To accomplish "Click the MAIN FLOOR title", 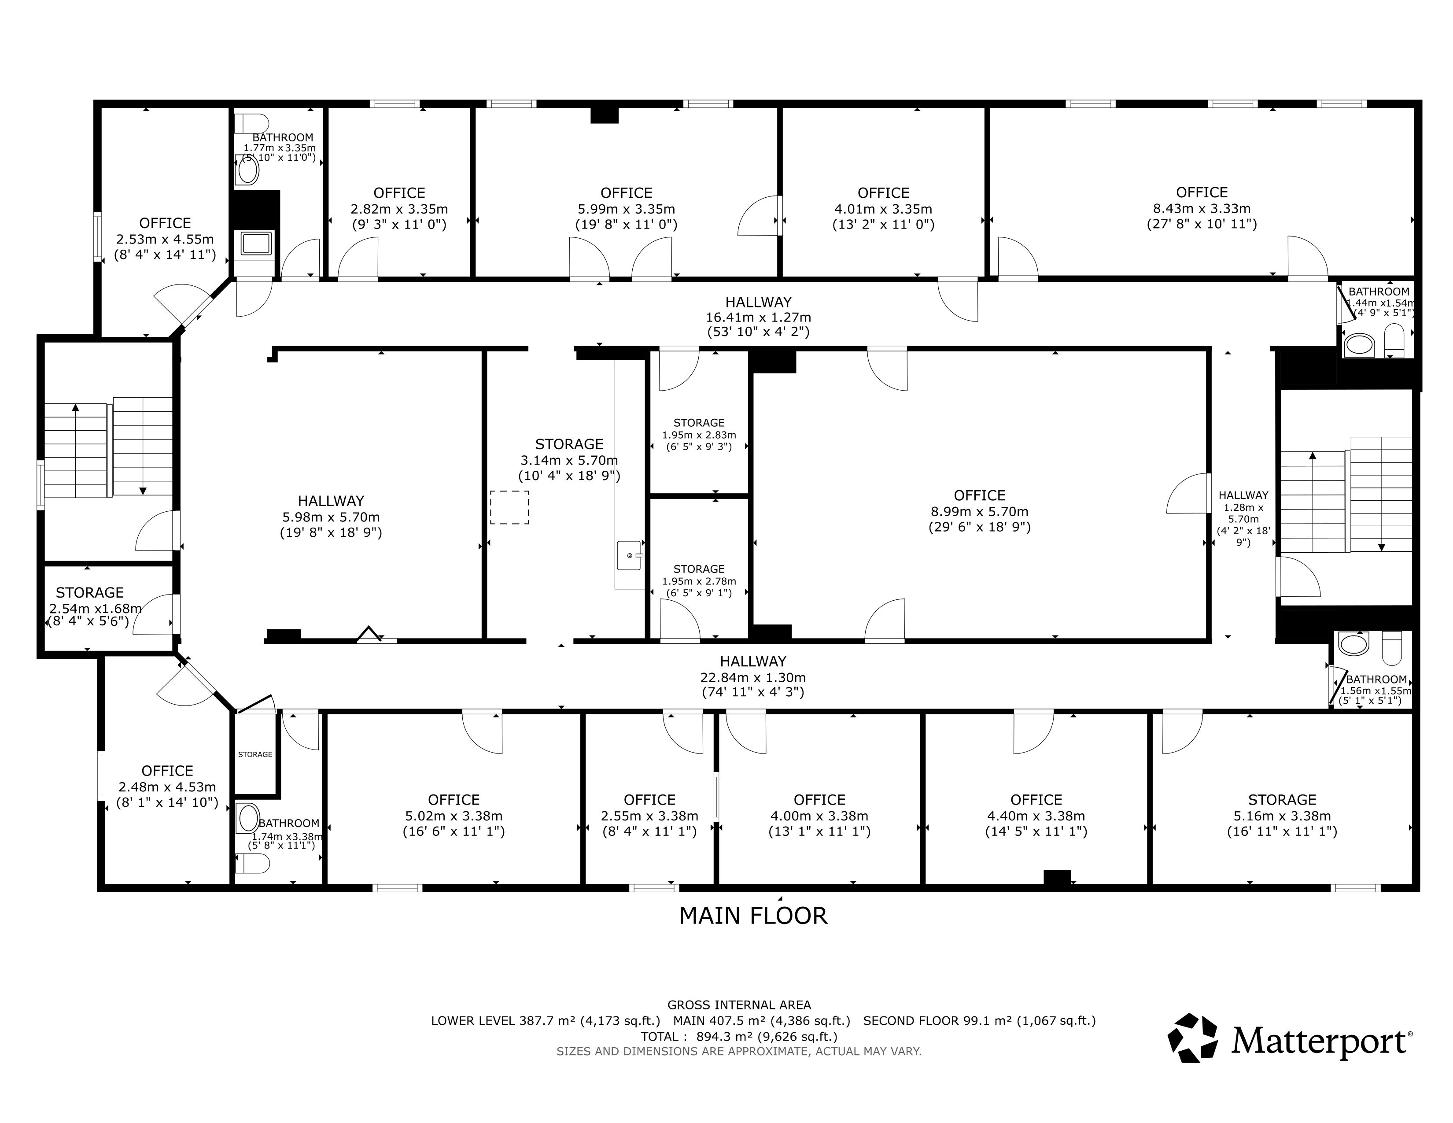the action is pyautogui.click(x=753, y=916).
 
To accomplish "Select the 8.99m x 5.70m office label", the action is pyautogui.click(x=979, y=511).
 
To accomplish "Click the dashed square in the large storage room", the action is pyautogui.click(x=509, y=508).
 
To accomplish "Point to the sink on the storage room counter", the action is pyautogui.click(x=629, y=555).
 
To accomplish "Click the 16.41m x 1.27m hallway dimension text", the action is pyautogui.click(x=759, y=318).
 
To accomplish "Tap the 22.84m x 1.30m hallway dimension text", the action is pyautogui.click(x=753, y=676).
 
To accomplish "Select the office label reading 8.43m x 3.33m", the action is pyautogui.click(x=1202, y=208).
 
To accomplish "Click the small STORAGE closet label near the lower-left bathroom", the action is pyautogui.click(x=255, y=754).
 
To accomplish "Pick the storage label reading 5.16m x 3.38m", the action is pyautogui.click(x=1282, y=816).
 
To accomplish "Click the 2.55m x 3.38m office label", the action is pyautogui.click(x=649, y=816).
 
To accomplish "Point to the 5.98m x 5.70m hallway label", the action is pyautogui.click(x=331, y=517).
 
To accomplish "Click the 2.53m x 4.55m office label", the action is pyautogui.click(x=165, y=239).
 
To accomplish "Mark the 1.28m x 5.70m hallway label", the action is pyautogui.click(x=1243, y=518).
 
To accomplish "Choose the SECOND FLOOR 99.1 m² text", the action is pyautogui.click(x=979, y=1020).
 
